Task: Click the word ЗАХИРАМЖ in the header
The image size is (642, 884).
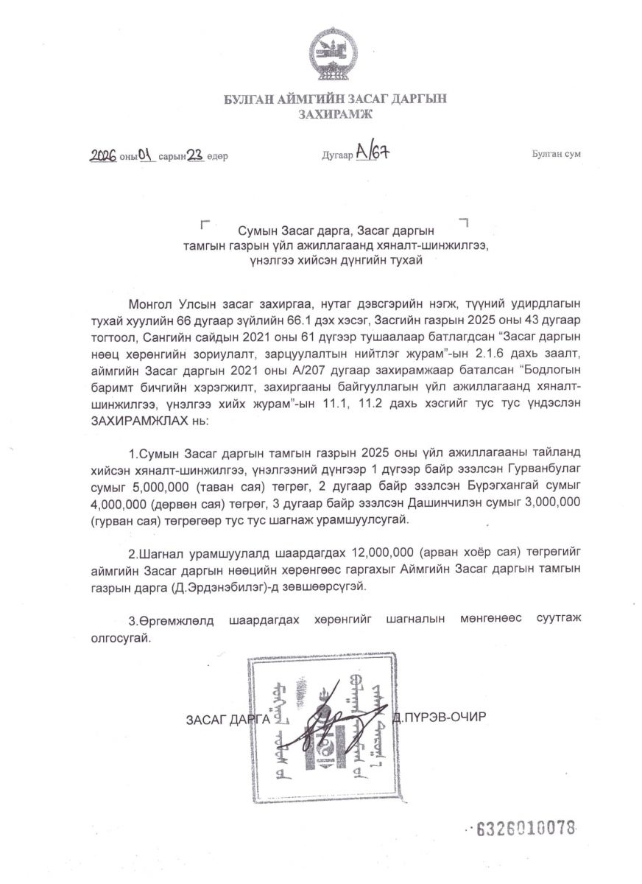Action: coord(335,113)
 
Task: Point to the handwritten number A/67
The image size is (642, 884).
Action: coord(372,152)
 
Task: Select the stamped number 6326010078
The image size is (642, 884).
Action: coord(526,827)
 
